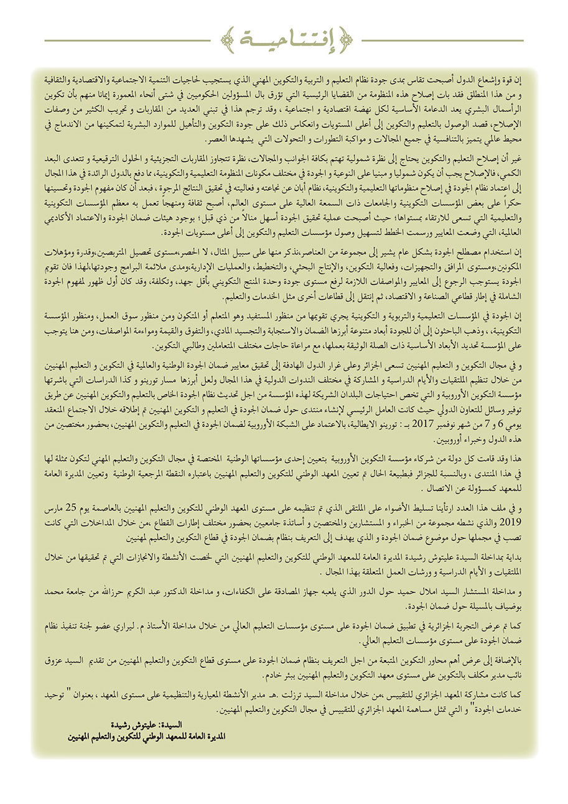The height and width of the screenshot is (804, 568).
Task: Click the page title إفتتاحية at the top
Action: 284,41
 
